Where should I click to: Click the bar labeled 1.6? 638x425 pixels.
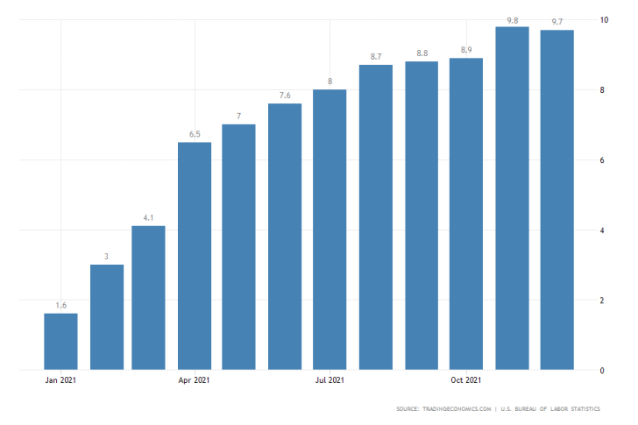[60, 342]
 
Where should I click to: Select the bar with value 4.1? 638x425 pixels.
[148, 298]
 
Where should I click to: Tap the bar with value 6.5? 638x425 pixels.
[195, 256]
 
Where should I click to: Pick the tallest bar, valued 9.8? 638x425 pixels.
[512, 198]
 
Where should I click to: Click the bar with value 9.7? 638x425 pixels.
[557, 200]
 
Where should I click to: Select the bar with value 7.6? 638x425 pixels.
[285, 237]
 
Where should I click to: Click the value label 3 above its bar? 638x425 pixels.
[106, 256]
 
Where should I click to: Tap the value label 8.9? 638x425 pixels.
[466, 50]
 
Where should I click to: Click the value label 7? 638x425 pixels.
[239, 117]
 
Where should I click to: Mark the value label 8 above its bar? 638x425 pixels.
[330, 81]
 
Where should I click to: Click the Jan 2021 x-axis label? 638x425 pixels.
[60, 379]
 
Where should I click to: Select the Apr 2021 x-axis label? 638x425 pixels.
[195, 379]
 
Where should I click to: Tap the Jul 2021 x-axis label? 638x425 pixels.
[330, 379]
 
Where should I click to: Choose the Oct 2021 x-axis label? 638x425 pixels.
[466, 379]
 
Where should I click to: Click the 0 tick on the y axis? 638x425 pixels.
[602, 371]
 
